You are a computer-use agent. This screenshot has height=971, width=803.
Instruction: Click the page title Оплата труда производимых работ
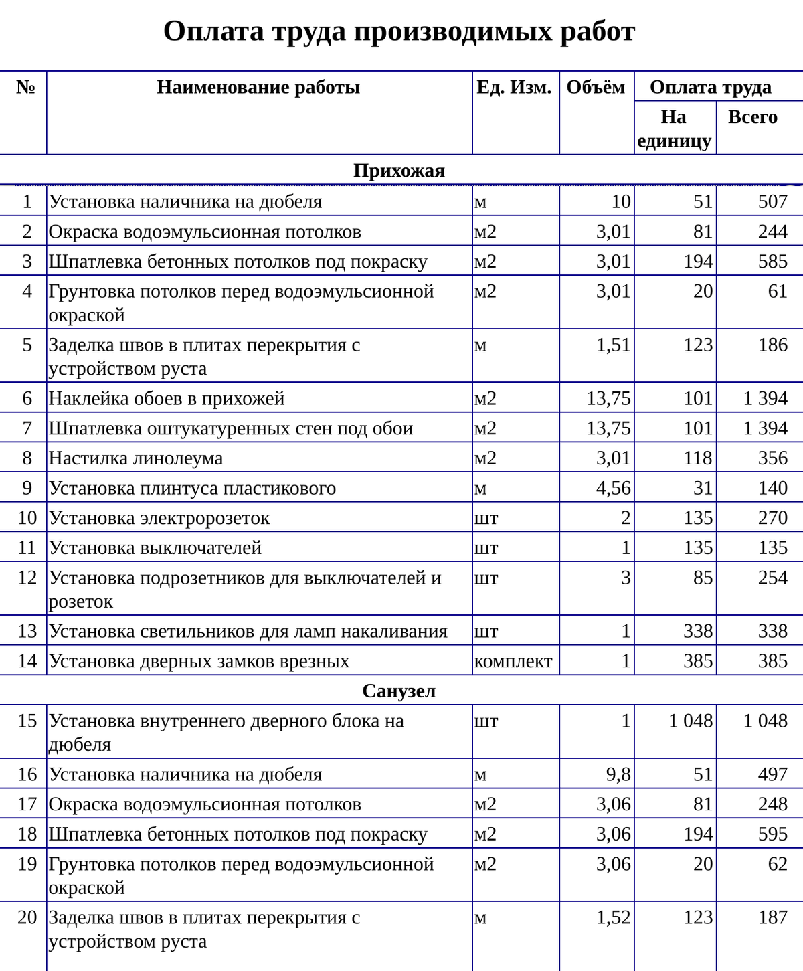[399, 31]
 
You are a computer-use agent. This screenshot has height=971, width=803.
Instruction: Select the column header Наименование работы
[258, 87]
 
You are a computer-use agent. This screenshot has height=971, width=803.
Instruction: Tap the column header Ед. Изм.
[514, 87]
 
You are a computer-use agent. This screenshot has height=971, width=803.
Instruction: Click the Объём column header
[596, 87]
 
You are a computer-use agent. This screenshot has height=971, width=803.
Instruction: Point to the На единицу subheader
[674, 128]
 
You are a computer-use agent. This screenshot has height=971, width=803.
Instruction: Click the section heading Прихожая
[399, 171]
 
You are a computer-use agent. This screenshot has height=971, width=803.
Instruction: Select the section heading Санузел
[399, 691]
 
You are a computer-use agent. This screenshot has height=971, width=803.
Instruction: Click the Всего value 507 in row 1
[772, 201]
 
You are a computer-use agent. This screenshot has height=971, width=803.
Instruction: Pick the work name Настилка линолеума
[136, 458]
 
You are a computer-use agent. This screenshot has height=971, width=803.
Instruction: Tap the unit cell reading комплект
[513, 661]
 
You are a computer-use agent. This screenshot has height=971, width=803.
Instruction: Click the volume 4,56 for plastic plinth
[613, 488]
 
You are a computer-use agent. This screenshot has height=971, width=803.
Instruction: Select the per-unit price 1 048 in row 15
[691, 721]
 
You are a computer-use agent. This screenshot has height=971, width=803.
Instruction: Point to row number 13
[27, 631]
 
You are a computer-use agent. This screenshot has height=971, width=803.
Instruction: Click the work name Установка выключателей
[155, 548]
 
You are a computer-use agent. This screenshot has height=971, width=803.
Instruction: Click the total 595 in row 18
[772, 834]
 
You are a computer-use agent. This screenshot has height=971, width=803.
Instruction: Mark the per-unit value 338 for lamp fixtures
[697, 631]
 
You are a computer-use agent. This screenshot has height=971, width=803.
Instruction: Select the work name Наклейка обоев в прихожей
[167, 399]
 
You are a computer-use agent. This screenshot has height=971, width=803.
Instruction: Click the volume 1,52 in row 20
[613, 917]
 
